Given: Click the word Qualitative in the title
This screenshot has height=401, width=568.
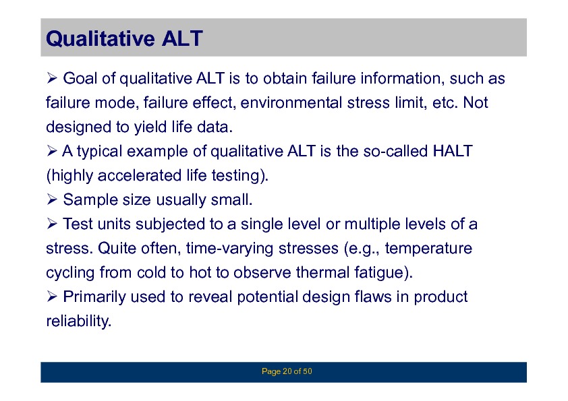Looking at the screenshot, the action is (101, 38).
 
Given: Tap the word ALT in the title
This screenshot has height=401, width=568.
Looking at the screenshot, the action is (182, 38).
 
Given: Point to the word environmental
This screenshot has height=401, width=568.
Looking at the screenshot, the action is (291, 102).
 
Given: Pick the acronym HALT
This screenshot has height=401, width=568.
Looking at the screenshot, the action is (453, 151).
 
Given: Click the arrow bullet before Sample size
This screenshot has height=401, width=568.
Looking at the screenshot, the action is (52, 199).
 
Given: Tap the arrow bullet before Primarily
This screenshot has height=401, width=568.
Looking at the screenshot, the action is (52, 297).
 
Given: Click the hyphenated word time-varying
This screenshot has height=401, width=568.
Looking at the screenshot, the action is (229, 248).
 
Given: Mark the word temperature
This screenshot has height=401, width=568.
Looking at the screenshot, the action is (428, 248).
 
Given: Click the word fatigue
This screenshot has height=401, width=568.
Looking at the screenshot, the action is (384, 272).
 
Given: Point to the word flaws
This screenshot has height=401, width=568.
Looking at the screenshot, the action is (373, 297).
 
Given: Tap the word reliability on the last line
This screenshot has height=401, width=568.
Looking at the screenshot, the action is (79, 321).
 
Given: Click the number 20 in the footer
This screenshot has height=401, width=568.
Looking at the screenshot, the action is (287, 371).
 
